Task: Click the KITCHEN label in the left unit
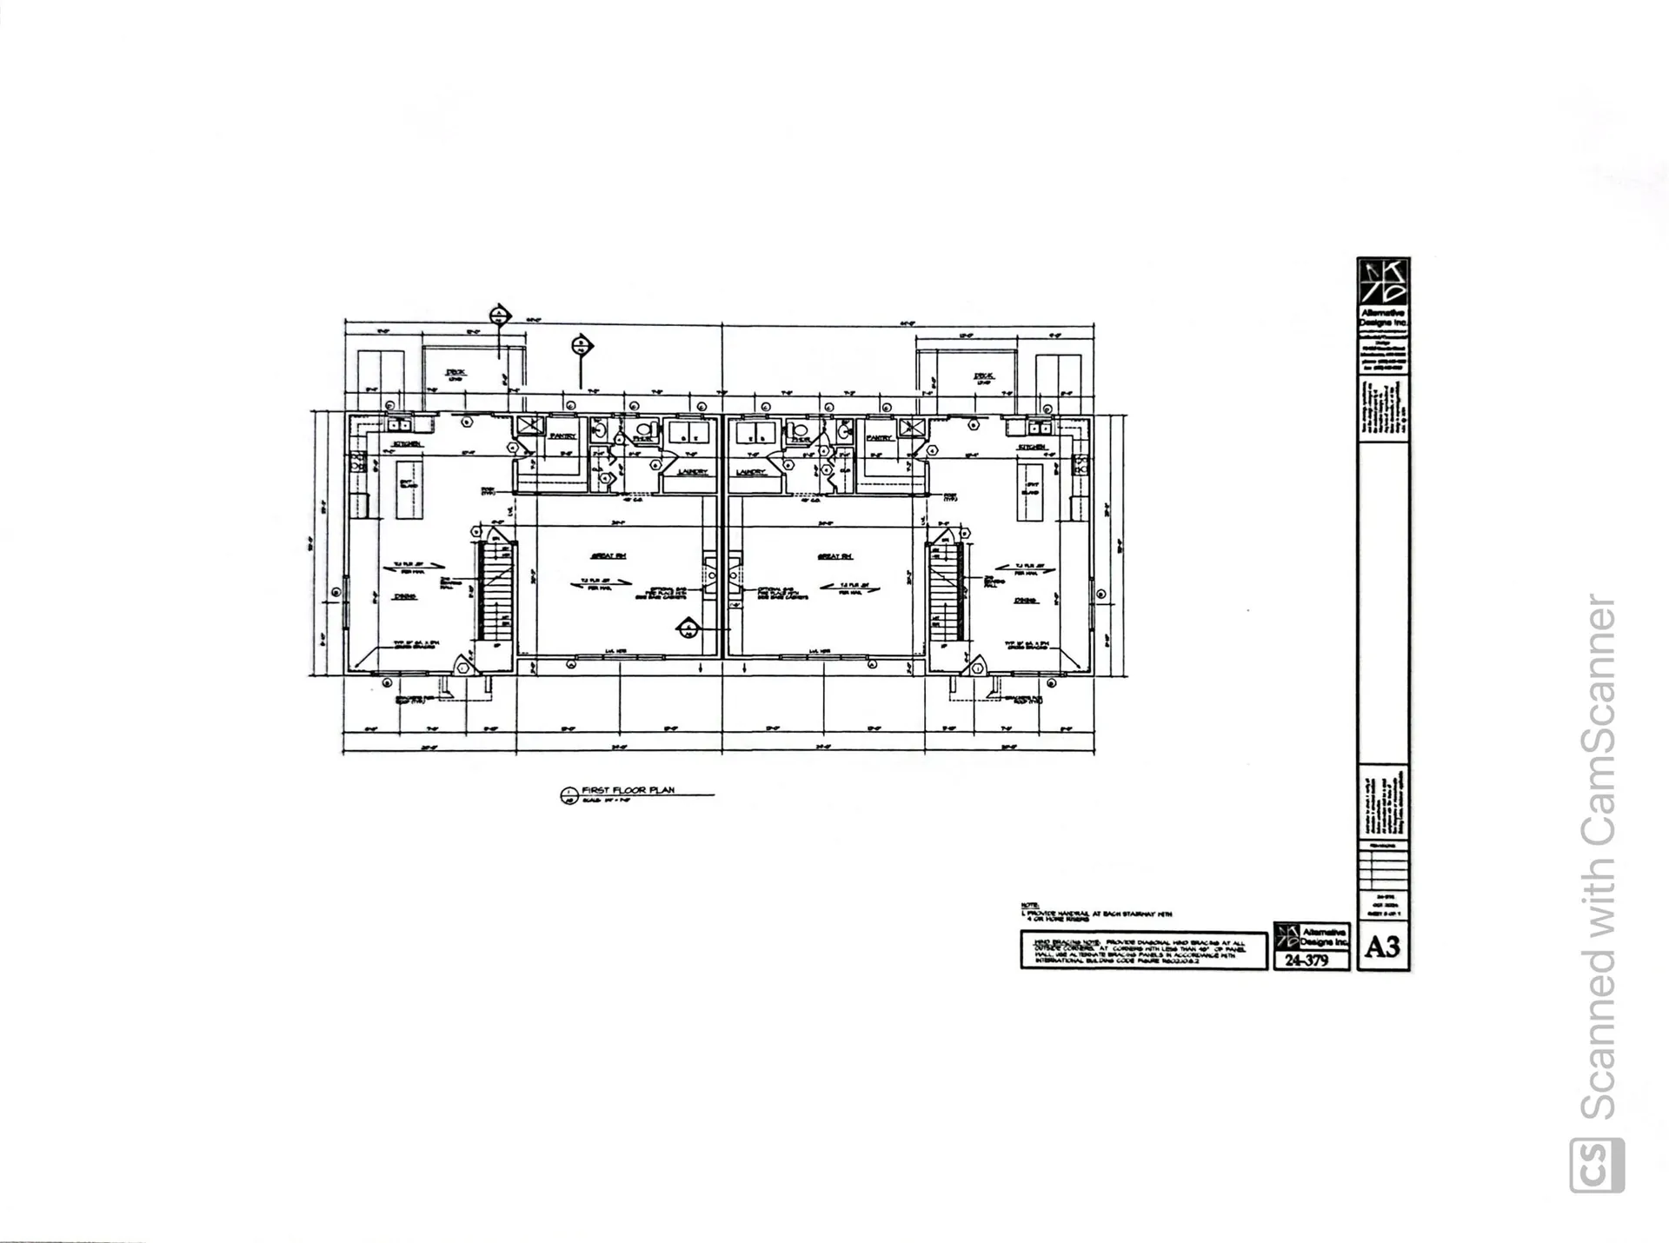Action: tap(408, 444)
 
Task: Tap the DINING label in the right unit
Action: tap(1026, 601)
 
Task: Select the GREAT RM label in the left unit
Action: tap(608, 555)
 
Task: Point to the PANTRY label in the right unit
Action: tap(880, 438)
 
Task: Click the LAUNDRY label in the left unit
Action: tap(692, 472)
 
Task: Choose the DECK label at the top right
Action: tap(984, 376)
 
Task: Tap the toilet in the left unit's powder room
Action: tap(644, 429)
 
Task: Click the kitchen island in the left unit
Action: tap(409, 489)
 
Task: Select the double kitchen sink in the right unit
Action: tap(1039, 427)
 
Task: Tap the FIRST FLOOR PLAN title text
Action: tap(628, 790)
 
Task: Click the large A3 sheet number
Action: tap(1382, 947)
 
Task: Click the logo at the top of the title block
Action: tap(1383, 282)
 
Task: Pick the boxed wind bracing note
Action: tap(1143, 950)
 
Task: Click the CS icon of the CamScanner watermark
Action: tap(1597, 1165)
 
